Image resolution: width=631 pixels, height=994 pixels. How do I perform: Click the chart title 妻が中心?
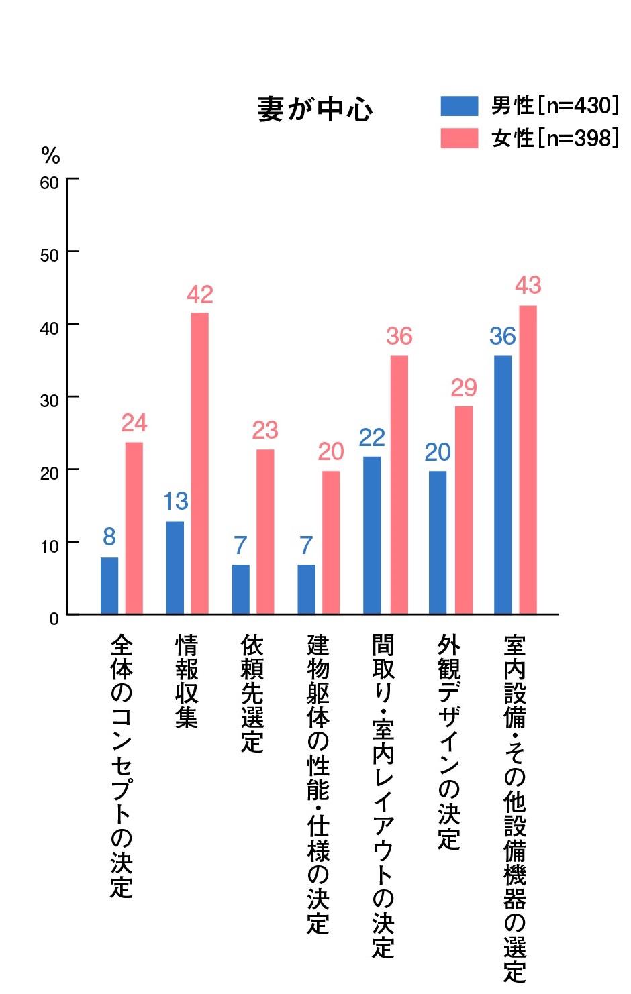coord(315,109)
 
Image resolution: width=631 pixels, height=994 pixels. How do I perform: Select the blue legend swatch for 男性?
coord(459,106)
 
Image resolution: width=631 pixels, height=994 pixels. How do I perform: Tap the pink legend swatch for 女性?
coord(459,138)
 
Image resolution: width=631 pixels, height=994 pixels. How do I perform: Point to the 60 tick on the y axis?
coord(49,182)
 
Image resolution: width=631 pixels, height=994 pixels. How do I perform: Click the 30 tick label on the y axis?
coord(49,400)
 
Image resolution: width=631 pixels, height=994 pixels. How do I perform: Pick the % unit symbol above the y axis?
coord(50,156)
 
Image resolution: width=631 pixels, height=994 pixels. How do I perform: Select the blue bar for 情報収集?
coord(175,567)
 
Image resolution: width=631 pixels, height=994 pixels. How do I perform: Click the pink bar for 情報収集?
coord(199,463)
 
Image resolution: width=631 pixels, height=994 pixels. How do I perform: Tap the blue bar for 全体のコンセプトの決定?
coord(109,586)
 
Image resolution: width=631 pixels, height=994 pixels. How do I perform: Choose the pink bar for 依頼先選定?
coord(265,531)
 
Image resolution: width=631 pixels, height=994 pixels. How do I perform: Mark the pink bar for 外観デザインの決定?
coord(464,510)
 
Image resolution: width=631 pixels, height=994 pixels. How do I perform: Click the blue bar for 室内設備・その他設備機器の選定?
coord(503,484)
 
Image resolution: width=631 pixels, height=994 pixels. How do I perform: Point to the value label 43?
coord(528,286)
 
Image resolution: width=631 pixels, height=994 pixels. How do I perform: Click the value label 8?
coord(109,537)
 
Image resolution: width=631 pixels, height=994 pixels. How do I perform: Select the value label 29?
coord(464,388)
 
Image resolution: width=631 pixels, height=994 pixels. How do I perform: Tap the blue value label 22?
coord(372,438)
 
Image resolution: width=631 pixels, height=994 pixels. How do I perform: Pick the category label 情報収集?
coord(187,681)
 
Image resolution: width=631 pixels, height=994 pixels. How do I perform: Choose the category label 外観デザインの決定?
coord(449,742)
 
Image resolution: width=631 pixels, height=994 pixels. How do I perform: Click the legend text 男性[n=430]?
coord(554,106)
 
